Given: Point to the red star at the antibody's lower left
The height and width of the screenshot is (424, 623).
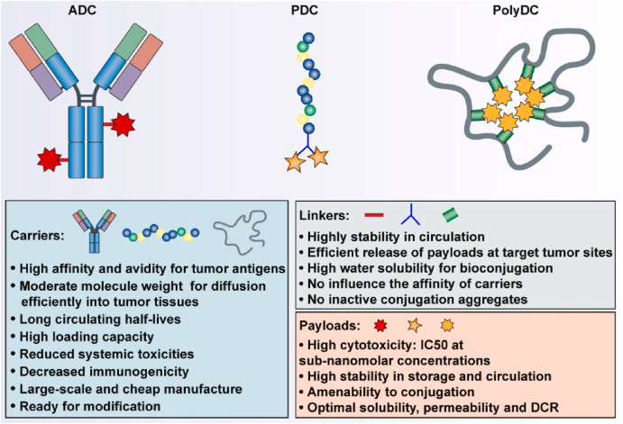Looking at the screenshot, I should [49, 160].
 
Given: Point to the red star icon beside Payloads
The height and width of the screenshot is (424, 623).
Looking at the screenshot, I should [381, 324].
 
